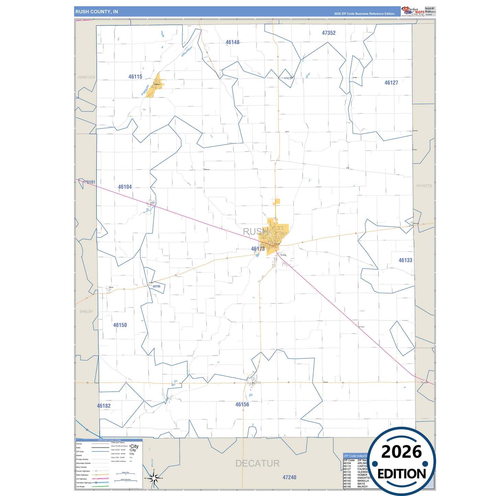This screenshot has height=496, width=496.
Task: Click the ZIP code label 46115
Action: coord(135,77)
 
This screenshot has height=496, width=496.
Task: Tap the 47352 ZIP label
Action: coord(328,33)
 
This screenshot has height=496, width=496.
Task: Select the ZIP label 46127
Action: coord(391,83)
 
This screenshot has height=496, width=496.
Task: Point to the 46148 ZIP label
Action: coord(232,42)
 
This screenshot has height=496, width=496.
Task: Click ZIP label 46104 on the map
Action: coord(125,187)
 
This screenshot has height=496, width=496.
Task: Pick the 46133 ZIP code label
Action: coord(405,260)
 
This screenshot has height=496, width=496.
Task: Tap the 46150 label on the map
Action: coord(120,325)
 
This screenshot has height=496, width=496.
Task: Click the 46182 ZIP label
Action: coord(104,406)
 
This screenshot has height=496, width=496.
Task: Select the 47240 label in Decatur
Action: coord(289,477)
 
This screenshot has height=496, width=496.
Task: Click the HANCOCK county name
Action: coord(86,77)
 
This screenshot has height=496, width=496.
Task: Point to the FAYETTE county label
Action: coord(424,186)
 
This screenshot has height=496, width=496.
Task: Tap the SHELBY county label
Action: coord(86,312)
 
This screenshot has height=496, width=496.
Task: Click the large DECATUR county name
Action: coord(257,463)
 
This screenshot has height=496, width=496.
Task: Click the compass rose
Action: coord(154,478)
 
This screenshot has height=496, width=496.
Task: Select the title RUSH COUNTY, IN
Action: coord(96,12)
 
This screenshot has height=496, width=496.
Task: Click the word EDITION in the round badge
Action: coord(402,474)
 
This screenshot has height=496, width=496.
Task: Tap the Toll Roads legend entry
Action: coord(80,486)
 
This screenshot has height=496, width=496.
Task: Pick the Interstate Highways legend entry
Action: coord(84,483)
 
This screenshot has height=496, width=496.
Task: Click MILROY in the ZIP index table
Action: coord(362,487)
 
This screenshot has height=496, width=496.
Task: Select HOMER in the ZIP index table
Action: coord(362,475)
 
